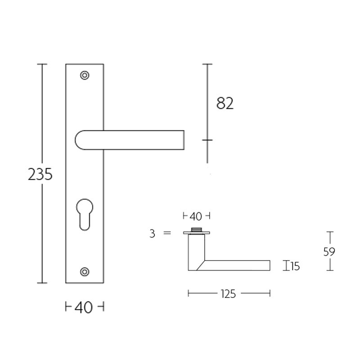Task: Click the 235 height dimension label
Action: click(x=40, y=174)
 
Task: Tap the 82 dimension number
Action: click(x=225, y=104)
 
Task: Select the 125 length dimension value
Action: click(x=229, y=294)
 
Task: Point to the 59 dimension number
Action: click(x=329, y=252)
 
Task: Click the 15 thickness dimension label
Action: click(x=295, y=266)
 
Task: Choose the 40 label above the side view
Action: click(x=196, y=216)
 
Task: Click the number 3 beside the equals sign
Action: click(x=153, y=234)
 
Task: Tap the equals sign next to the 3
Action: click(x=167, y=234)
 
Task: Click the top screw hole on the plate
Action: click(x=84, y=75)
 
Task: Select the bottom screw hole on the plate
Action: click(x=84, y=271)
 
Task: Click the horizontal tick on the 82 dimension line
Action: click(x=207, y=140)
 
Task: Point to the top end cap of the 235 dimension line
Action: click(x=42, y=64)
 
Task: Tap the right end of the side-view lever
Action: click(x=269, y=265)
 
